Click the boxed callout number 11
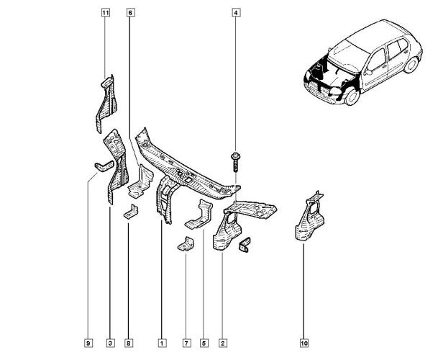pyautogui.click(x=105, y=13)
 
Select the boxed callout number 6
pyautogui.click(x=130, y=13)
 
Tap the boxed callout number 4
pyautogui.click(x=236, y=13)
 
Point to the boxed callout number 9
pyautogui.click(x=88, y=343)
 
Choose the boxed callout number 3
pyautogui.click(x=110, y=343)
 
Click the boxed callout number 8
pyautogui.click(x=129, y=343)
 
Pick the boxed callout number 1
pyautogui.click(x=162, y=343)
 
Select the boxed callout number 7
pyautogui.click(x=186, y=343)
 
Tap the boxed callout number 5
pyautogui.click(x=204, y=343)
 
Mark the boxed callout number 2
pyautogui.click(x=223, y=343)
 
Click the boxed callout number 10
pyautogui.click(x=304, y=343)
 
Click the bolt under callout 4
pyautogui.click(x=236, y=162)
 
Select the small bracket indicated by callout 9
pyautogui.click(x=104, y=166)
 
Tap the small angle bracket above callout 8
pyautogui.click(x=131, y=212)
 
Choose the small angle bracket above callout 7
pyautogui.click(x=186, y=244)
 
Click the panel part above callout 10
pyautogui.click(x=309, y=217)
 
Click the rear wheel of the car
pyautogui.click(x=411, y=65)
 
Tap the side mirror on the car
pyautogui.click(x=368, y=73)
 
